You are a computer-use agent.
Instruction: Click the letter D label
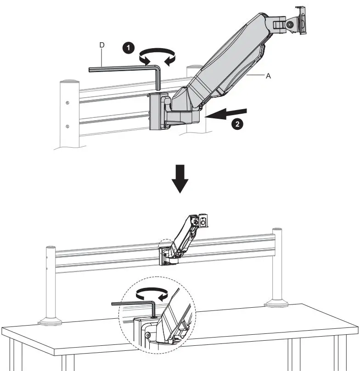point(102,45)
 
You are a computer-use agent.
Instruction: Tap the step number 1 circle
point(129,48)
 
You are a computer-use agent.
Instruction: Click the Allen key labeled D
point(124,69)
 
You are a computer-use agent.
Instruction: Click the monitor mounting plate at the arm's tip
point(301,20)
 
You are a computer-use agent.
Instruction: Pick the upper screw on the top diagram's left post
point(67,102)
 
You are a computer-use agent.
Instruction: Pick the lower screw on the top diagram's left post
point(67,126)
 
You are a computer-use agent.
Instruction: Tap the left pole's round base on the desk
point(50,321)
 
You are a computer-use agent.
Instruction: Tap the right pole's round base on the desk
point(277,303)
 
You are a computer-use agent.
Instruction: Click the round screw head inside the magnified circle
point(147,336)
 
